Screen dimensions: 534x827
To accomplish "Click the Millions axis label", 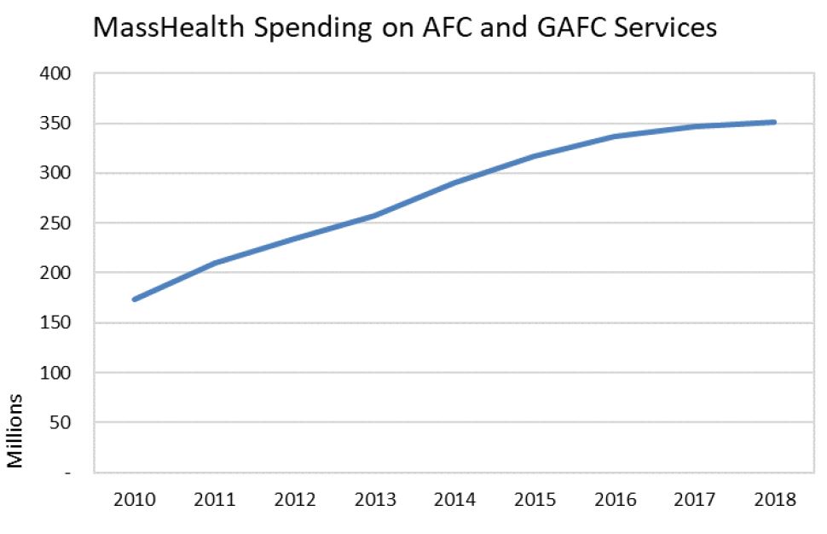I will pyautogui.click(x=15, y=431).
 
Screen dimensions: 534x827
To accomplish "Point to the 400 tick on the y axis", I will pyautogui.click(x=57, y=74).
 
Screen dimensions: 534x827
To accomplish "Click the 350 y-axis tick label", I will pyautogui.click(x=57, y=124).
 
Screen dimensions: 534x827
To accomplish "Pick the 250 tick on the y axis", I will pyautogui.click(x=57, y=223).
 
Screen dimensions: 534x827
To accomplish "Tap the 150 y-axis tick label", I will pyautogui.click(x=57, y=323).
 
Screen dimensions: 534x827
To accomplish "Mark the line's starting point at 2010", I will pyautogui.click(x=135, y=299).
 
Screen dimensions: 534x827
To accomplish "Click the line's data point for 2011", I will pyautogui.click(x=215, y=263).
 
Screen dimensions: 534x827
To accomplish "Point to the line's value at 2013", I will pyautogui.click(x=375, y=216).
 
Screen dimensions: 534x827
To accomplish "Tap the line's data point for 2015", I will pyautogui.click(x=535, y=156).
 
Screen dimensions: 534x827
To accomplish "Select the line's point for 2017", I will pyautogui.click(x=696, y=126).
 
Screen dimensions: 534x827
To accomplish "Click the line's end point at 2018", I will pyautogui.click(x=774, y=122).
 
